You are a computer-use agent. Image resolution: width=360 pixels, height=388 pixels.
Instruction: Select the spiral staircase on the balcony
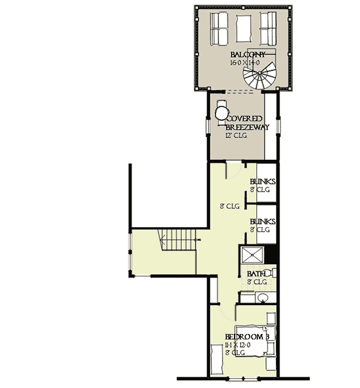tap(257, 77)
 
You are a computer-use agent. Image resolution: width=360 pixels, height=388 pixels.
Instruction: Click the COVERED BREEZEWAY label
tap(247, 123)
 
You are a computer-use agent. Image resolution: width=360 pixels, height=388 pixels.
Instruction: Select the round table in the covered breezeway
tap(222, 112)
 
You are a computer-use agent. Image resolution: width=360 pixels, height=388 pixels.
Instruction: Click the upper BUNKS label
tap(262, 182)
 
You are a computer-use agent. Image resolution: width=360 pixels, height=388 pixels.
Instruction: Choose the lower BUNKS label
tap(262, 222)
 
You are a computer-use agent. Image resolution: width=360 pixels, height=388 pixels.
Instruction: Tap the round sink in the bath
tap(262, 297)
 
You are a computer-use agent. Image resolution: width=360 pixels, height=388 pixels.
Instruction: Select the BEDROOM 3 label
tap(246, 337)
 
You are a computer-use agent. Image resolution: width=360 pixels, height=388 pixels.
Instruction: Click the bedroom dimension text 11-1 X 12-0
tap(241, 345)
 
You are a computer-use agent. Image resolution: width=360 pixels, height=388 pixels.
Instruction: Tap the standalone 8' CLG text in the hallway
tap(229, 206)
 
